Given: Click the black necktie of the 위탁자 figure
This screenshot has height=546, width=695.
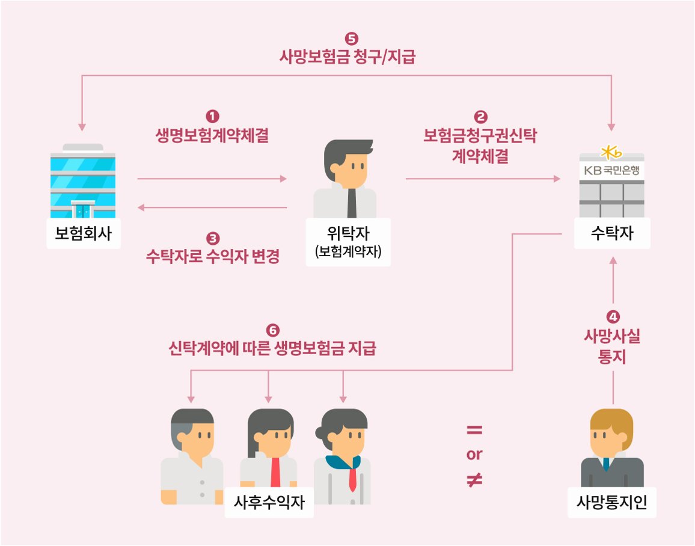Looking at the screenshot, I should [352, 202].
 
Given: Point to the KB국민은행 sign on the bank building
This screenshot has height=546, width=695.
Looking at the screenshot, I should [611, 170].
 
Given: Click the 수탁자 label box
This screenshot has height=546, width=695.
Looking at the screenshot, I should [611, 233].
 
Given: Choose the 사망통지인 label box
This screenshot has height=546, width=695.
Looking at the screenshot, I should [611, 502].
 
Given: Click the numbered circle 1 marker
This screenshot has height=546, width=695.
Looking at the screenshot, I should [212, 115].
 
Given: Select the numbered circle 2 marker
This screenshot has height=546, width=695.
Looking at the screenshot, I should [481, 115].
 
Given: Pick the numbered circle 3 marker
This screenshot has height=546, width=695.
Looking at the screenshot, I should [212, 238].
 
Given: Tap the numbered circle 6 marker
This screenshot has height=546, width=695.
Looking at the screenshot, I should [272, 331].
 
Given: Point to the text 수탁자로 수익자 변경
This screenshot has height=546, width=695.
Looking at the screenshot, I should [212, 257].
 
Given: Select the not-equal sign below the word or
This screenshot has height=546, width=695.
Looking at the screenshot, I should [474, 479].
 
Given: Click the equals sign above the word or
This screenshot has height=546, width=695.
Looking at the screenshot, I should [474, 431].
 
